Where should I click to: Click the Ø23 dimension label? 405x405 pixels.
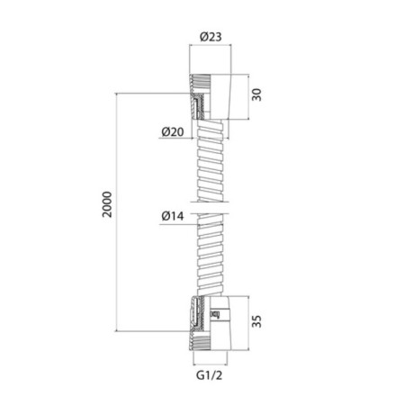[211, 37]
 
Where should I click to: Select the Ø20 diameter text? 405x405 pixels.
[173, 131]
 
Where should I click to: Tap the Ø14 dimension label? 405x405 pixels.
[173, 216]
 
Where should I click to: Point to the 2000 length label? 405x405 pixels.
[107, 204]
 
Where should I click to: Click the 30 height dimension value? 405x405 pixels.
[256, 94]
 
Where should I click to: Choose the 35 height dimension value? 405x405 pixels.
[256, 321]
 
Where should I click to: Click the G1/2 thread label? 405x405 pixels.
[210, 375]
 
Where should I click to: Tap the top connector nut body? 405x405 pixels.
[211, 96]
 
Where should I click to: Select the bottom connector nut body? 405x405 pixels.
[211, 323]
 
